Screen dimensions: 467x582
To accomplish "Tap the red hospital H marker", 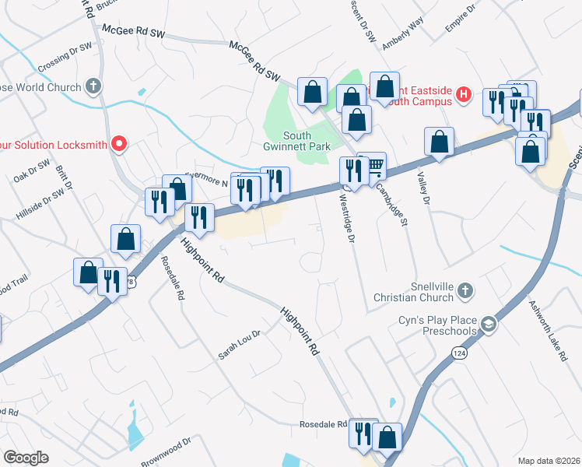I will tap(464, 95).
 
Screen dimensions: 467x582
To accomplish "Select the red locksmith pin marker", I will tap(118, 142).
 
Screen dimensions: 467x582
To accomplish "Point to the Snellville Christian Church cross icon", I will tap(465, 290).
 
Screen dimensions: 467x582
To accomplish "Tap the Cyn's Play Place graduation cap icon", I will tap(488, 325).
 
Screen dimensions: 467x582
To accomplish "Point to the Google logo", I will tap(26, 458).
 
